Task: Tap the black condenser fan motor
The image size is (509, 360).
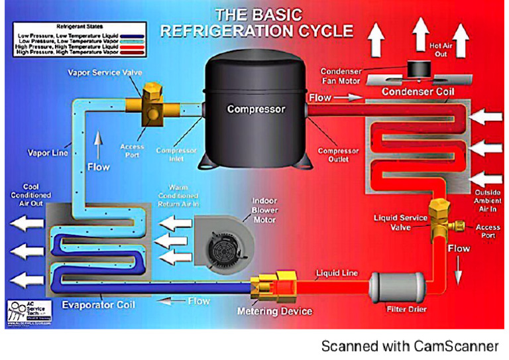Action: pos(419,69)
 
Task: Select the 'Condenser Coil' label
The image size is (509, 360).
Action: pos(418,91)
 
